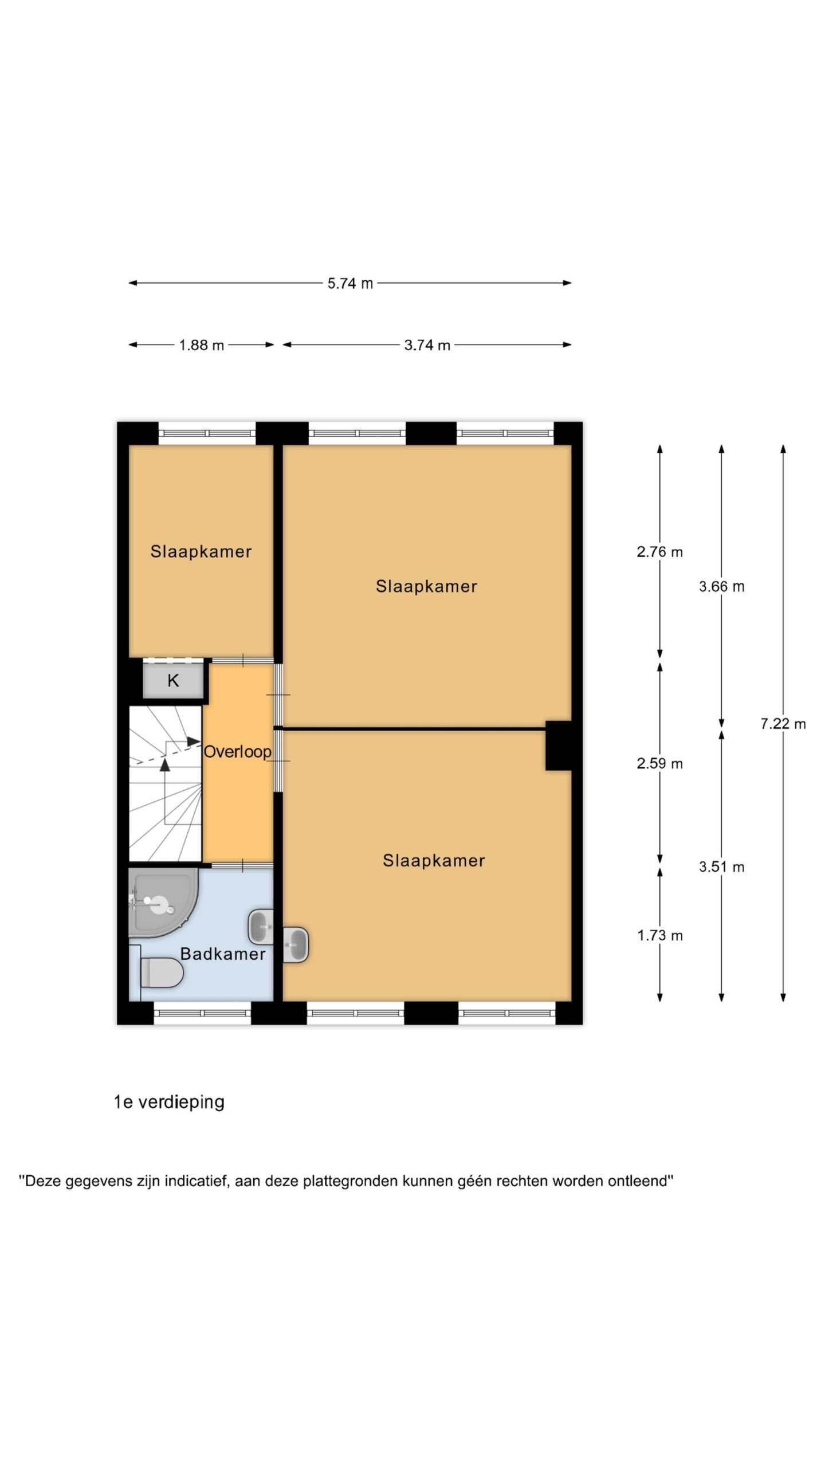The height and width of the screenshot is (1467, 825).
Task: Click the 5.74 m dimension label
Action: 350,283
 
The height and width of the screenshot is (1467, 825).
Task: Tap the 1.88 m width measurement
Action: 201,345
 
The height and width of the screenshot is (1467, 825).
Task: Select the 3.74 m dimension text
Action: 427,345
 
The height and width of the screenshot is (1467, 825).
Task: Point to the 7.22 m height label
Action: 783,724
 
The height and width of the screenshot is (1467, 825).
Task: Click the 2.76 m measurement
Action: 659,552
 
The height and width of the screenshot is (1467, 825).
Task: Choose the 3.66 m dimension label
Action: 721,586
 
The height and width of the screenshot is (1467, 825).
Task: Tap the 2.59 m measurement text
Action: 659,763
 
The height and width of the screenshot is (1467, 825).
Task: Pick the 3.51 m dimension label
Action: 721,867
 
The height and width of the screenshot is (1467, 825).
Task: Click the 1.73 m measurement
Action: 659,936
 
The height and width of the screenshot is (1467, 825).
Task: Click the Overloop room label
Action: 237,752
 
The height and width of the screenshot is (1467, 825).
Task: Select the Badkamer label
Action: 223,954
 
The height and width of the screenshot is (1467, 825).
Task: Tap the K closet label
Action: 173,681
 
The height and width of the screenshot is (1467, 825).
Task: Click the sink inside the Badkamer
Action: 261,927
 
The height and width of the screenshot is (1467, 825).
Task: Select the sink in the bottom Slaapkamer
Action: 296,944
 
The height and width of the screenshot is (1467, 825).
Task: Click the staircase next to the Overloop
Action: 165,783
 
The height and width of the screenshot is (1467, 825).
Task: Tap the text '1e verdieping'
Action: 169,1102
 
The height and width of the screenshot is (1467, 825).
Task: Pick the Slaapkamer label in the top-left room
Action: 201,552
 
